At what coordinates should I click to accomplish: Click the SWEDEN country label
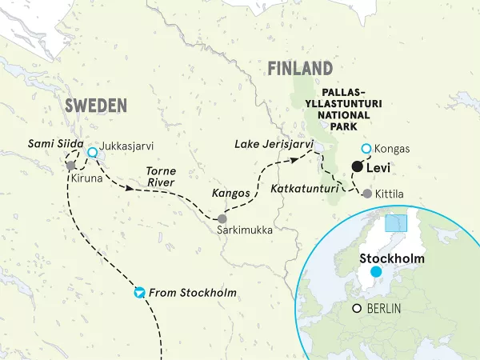(x=95, y=106)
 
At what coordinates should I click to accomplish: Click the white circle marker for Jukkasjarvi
(x=93, y=152)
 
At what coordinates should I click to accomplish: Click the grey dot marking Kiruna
(x=71, y=165)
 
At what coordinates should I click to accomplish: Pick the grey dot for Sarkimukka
(x=222, y=218)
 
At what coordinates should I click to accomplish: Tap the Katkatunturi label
(x=303, y=189)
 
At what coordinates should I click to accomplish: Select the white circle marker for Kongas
(x=366, y=149)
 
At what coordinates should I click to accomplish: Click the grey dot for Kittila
(x=366, y=193)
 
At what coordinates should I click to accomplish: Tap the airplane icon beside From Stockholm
(x=140, y=292)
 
